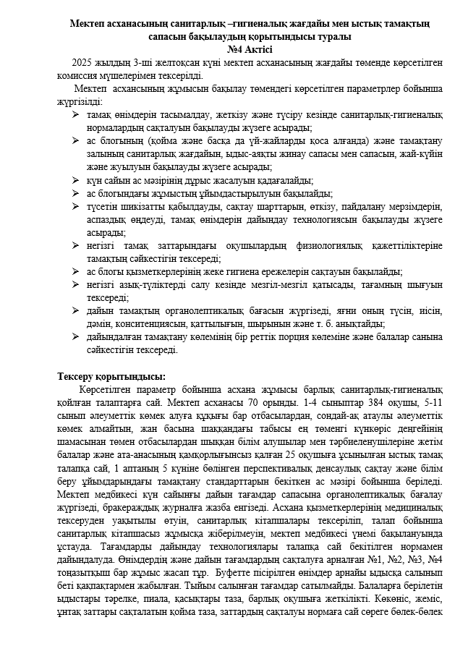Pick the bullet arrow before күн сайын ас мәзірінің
[77, 179]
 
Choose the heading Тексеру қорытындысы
[111, 376]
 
